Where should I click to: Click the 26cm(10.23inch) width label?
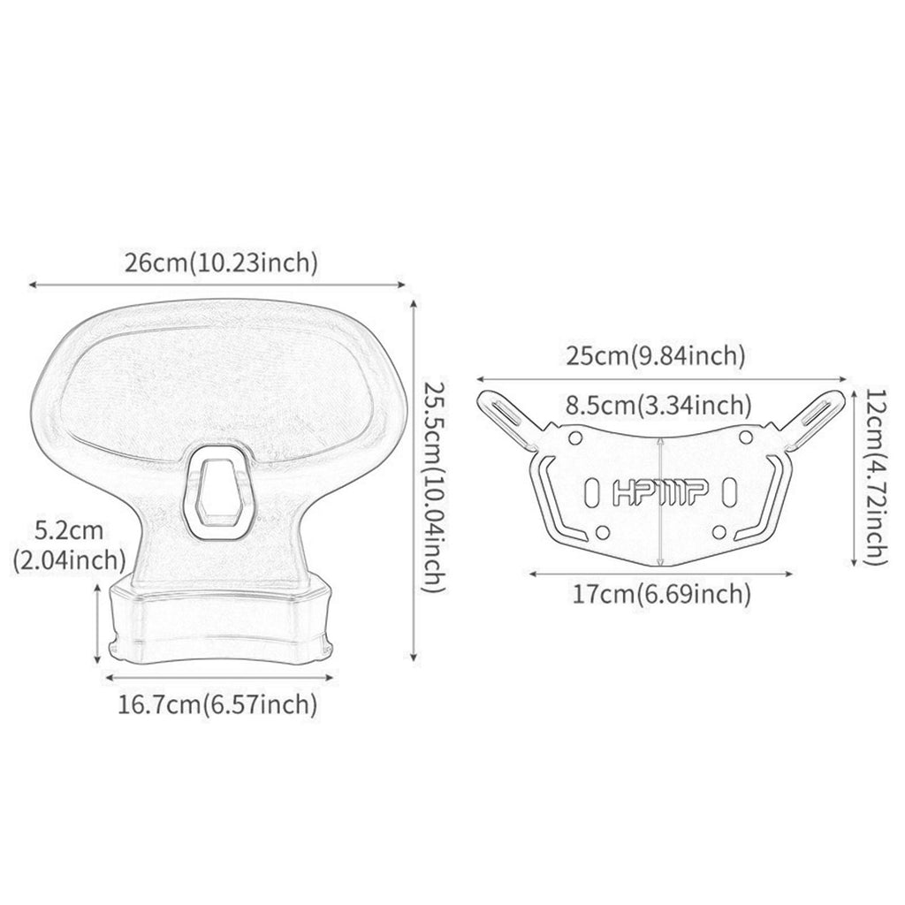click(222, 263)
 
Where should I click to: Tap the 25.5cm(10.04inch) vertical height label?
click(435, 486)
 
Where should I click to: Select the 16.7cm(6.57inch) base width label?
click(217, 704)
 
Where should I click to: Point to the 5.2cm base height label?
click(69, 530)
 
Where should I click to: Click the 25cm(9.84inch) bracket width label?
click(655, 356)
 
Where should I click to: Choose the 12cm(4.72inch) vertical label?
click(875, 476)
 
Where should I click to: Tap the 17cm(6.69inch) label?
click(661, 593)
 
